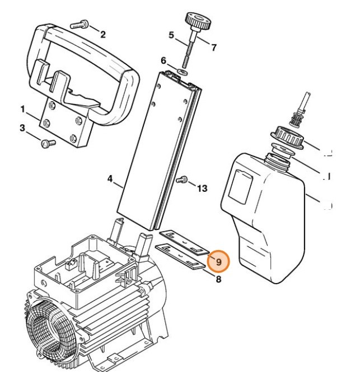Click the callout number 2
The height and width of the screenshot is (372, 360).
[102, 34]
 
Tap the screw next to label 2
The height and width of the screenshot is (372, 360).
[78, 24]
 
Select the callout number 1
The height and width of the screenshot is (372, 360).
[23, 108]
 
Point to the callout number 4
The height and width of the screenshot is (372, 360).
[111, 180]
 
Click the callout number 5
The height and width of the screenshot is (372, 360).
[171, 35]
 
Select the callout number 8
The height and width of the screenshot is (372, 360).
[218, 278]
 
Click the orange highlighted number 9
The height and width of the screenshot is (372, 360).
[218, 261]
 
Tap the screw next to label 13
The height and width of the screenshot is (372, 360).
[181, 180]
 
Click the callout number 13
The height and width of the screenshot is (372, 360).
[201, 188]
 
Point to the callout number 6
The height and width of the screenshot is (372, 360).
[163, 60]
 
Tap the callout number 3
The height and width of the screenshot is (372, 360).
[22, 128]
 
